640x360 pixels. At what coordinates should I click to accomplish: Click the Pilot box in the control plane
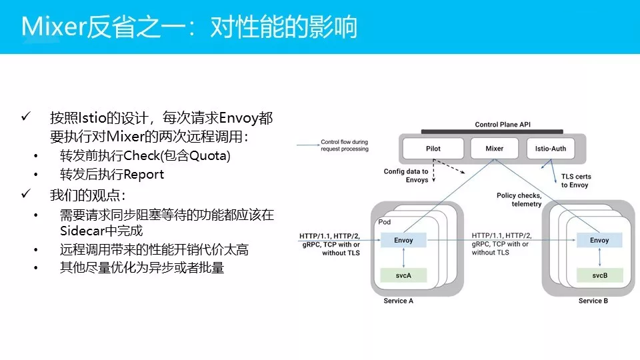[x=433, y=148]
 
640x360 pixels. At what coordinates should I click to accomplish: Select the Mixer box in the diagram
[x=494, y=148]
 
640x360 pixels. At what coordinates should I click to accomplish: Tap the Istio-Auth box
[x=551, y=148]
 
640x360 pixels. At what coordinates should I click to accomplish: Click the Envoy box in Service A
[x=403, y=240]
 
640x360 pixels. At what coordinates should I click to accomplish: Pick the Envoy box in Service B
[x=599, y=240]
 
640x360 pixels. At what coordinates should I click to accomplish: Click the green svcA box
[x=403, y=275]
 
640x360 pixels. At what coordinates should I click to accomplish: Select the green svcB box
[x=599, y=275]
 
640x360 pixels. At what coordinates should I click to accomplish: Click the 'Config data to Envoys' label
[x=406, y=175]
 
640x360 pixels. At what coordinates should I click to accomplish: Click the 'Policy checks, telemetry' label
[x=519, y=199]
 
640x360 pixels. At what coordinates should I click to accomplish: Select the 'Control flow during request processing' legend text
[x=344, y=145]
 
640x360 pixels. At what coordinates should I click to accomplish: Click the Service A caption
[x=399, y=301]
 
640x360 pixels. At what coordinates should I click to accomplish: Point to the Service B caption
[x=593, y=301]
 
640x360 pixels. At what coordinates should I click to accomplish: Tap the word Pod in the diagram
[x=385, y=222]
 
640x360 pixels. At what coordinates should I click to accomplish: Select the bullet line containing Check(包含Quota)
[x=145, y=156]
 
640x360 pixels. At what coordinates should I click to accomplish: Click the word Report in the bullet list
[x=143, y=175]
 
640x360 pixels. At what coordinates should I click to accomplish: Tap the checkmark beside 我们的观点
[x=26, y=194]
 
